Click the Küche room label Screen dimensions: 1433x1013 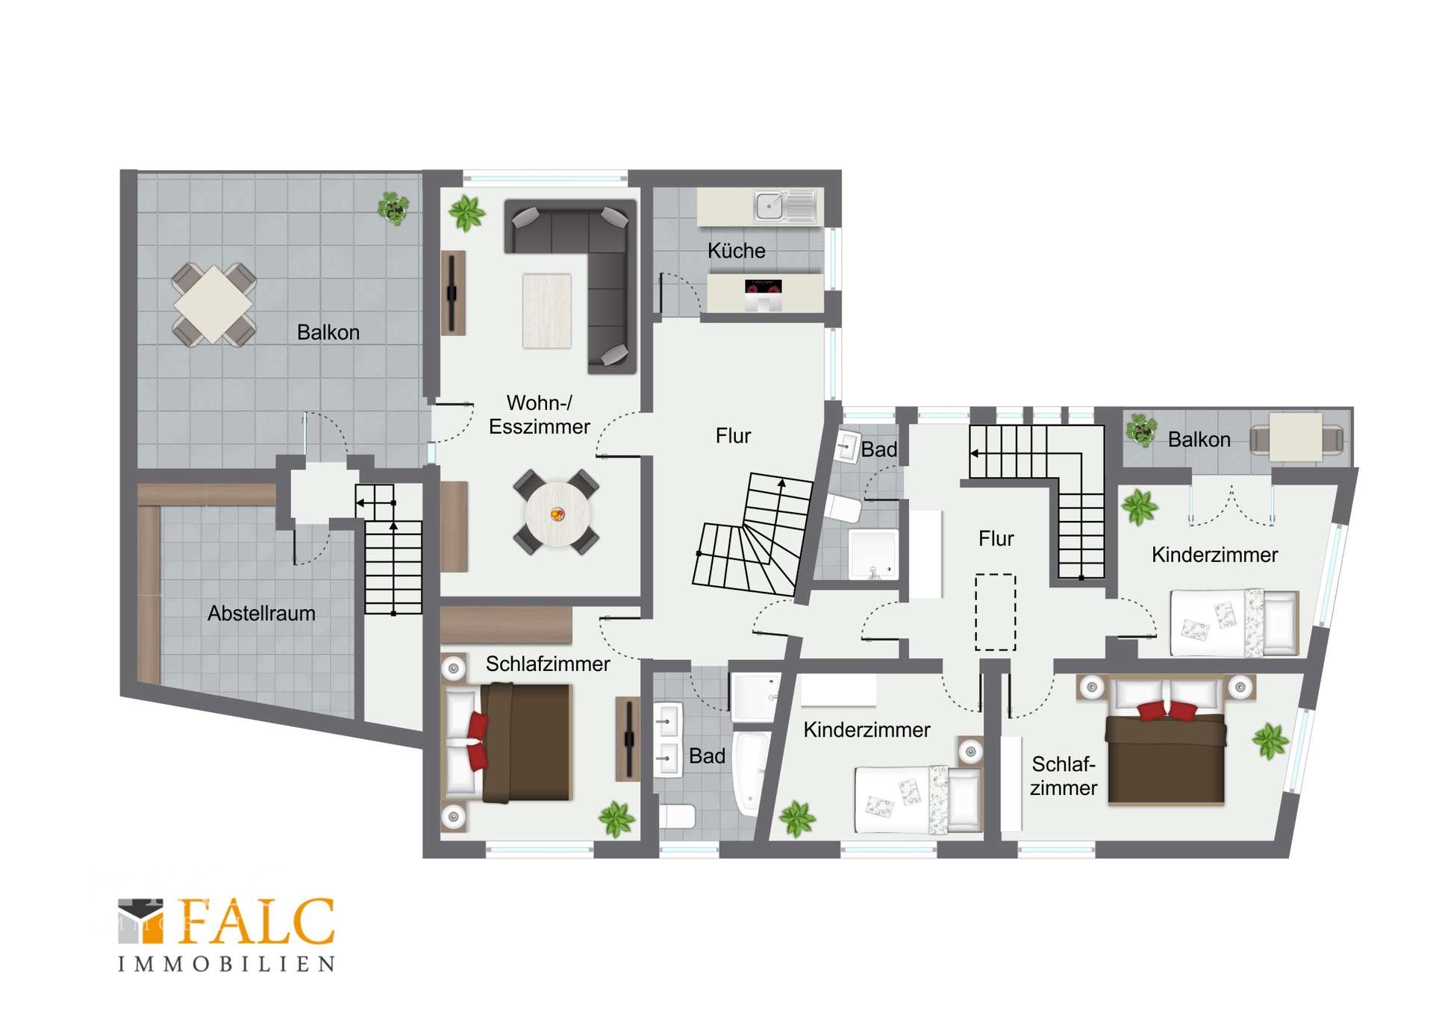coord(736,251)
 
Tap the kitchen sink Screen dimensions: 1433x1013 coord(785,206)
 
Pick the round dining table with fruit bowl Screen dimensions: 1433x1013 coord(557,514)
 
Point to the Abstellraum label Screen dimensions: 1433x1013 coord(261,613)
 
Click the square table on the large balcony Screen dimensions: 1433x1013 coord(213,305)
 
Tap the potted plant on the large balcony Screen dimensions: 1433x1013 coord(393,208)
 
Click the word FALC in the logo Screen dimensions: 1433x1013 coord(256,923)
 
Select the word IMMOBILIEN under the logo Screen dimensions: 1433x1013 coord(226,964)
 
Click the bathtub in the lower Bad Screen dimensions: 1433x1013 coord(751,773)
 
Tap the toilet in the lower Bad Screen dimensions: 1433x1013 coord(677,816)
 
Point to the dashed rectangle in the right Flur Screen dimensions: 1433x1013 coord(996,612)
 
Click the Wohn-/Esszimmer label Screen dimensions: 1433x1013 coord(539,414)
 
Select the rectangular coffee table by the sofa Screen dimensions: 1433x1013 coord(546,311)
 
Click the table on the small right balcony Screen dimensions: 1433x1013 coord(1296,437)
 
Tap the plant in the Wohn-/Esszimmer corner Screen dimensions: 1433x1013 coord(467,213)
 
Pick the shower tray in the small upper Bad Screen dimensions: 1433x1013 coord(873,554)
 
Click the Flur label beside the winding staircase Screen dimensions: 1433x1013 coord(733,436)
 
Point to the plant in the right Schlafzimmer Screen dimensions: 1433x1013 coord(1270,741)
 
